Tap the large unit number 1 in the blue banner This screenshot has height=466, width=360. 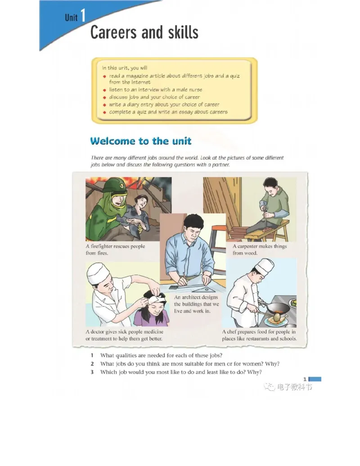coord(82,17)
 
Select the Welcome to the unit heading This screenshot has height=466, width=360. coord(141,141)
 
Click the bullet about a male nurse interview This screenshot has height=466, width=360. coord(155,90)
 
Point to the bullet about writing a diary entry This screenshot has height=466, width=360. coord(164,104)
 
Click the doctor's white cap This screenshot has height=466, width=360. coord(98,274)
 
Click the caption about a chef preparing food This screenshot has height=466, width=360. coord(259,335)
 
